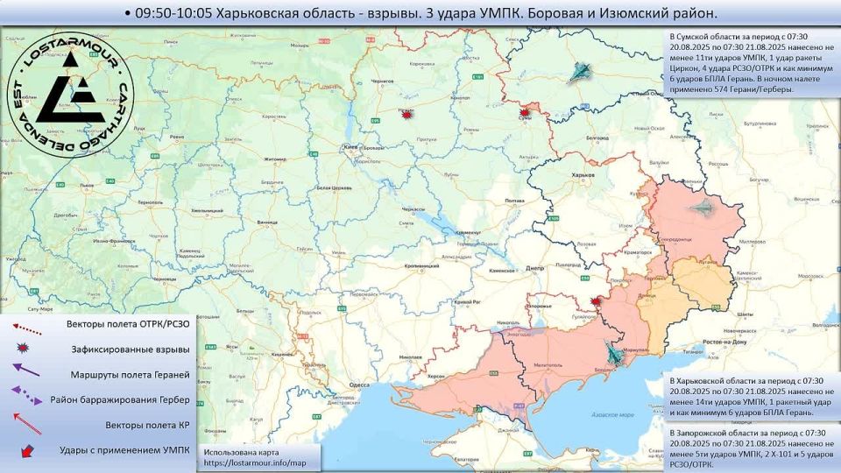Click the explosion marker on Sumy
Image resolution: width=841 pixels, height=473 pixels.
pos(525,113)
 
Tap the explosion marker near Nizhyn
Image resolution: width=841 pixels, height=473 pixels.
pos(405,113)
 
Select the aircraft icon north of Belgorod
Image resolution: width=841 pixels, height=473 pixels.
pos(579,74)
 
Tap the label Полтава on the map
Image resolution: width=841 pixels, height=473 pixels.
pos(515,201)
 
